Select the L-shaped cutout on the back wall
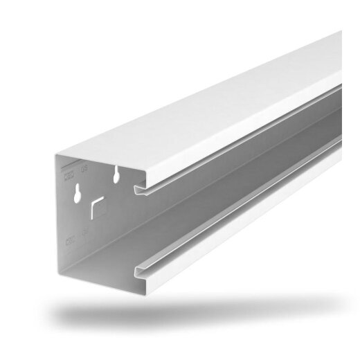[x=97, y=206]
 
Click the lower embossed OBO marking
[x=70, y=242]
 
